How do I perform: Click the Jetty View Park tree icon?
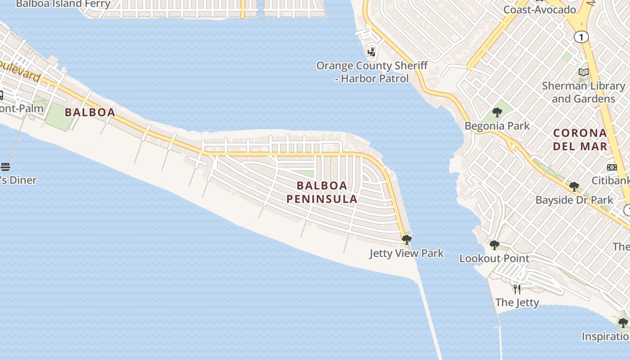tap(406, 239)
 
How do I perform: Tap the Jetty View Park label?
tap(406, 253)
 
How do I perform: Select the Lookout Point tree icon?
tap(494, 245)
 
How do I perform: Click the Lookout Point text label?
tap(494, 259)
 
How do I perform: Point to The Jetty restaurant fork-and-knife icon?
tap(517, 288)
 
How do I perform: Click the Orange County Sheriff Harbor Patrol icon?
tap(371, 52)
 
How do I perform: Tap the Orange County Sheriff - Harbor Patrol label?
tap(372, 72)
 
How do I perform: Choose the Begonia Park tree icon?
tap(497, 112)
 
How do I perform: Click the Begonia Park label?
tap(497, 126)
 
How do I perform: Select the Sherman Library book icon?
tap(584, 72)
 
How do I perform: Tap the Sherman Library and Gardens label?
tap(584, 92)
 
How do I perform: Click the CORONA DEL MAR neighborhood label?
tap(580, 139)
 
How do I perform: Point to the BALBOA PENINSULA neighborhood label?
tap(322, 192)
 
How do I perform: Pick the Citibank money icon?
tap(612, 167)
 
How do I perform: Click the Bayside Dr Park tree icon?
tap(574, 186)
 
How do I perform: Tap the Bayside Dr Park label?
tap(574, 200)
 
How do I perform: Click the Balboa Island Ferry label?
tap(63, 4)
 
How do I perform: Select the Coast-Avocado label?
tap(540, 9)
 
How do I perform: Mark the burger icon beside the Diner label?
tap(5, 167)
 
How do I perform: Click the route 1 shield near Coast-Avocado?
tap(581, 37)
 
